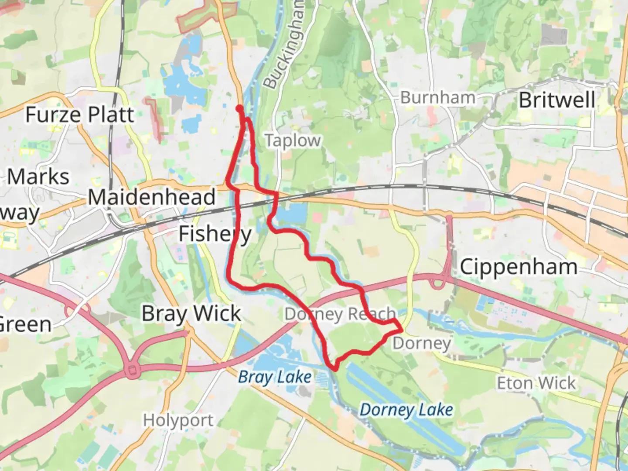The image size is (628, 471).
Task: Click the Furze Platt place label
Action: [x=80, y=115]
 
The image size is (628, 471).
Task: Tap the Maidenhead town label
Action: [x=152, y=197]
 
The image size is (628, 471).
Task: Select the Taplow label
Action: [x=293, y=140]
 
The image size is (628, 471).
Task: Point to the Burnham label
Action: [x=437, y=98]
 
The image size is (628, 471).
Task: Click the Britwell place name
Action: [x=557, y=100]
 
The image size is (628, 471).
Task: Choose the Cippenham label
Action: [x=519, y=267]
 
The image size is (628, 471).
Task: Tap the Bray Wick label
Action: [x=191, y=314]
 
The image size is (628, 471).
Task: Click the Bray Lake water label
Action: [x=275, y=377]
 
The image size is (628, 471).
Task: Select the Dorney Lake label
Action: [x=406, y=410]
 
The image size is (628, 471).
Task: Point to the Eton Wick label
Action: [x=536, y=383]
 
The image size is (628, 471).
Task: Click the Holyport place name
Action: [x=178, y=420]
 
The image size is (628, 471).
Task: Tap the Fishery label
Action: [x=215, y=234]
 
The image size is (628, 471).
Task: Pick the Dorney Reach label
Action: [x=340, y=314]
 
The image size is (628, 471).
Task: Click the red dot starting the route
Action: [x=239, y=108]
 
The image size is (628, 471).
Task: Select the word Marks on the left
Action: [x=38, y=177]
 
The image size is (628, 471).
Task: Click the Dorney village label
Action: [x=421, y=343]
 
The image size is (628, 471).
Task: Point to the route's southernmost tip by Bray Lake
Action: [x=335, y=369]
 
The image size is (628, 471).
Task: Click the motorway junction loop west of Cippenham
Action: [x=440, y=283]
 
